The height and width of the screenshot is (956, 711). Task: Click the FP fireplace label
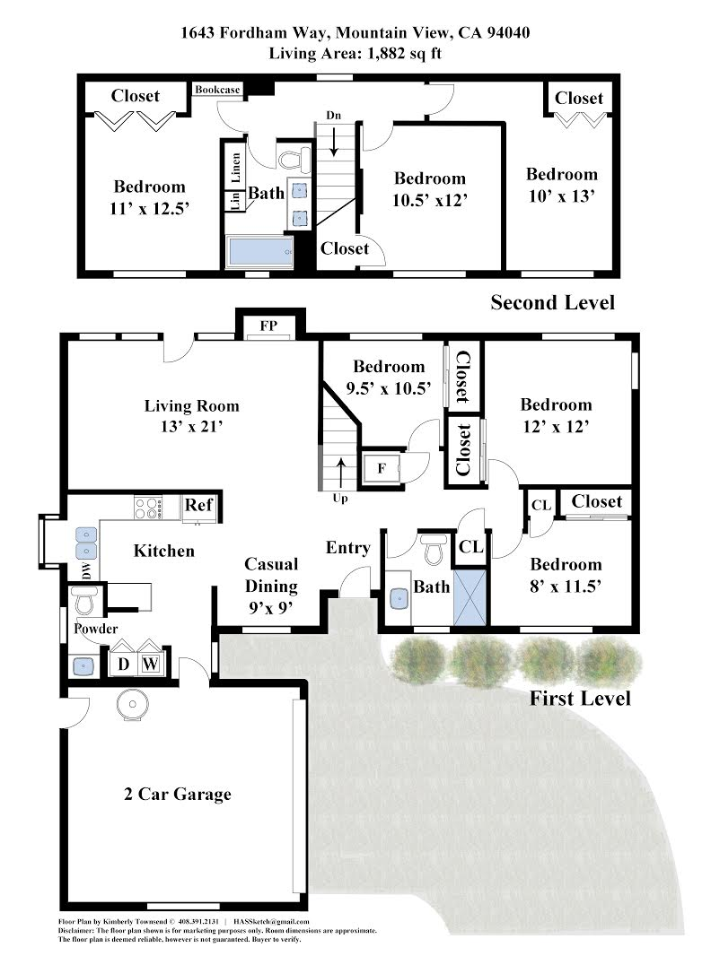(268, 326)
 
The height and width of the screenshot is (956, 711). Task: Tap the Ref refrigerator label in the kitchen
(198, 505)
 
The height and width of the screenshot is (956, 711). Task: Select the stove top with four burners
(148, 508)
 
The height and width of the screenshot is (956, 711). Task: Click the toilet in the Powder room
(84, 601)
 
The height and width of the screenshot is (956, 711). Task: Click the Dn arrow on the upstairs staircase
(334, 142)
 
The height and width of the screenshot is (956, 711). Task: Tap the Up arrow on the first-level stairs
(340, 472)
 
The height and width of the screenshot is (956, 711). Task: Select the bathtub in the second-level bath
(259, 252)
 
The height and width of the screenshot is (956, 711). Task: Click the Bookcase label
(217, 90)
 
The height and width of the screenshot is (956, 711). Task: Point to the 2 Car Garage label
(178, 794)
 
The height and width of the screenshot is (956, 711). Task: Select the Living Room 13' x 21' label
(191, 416)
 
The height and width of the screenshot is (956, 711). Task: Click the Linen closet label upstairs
(236, 168)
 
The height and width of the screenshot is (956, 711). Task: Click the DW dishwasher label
(87, 571)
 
